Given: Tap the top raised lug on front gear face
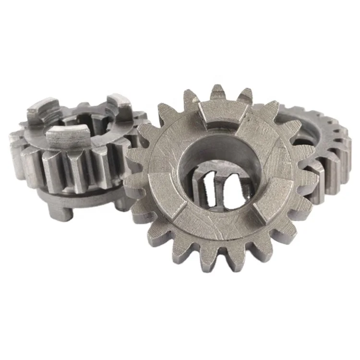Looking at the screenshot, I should pos(224,115).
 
